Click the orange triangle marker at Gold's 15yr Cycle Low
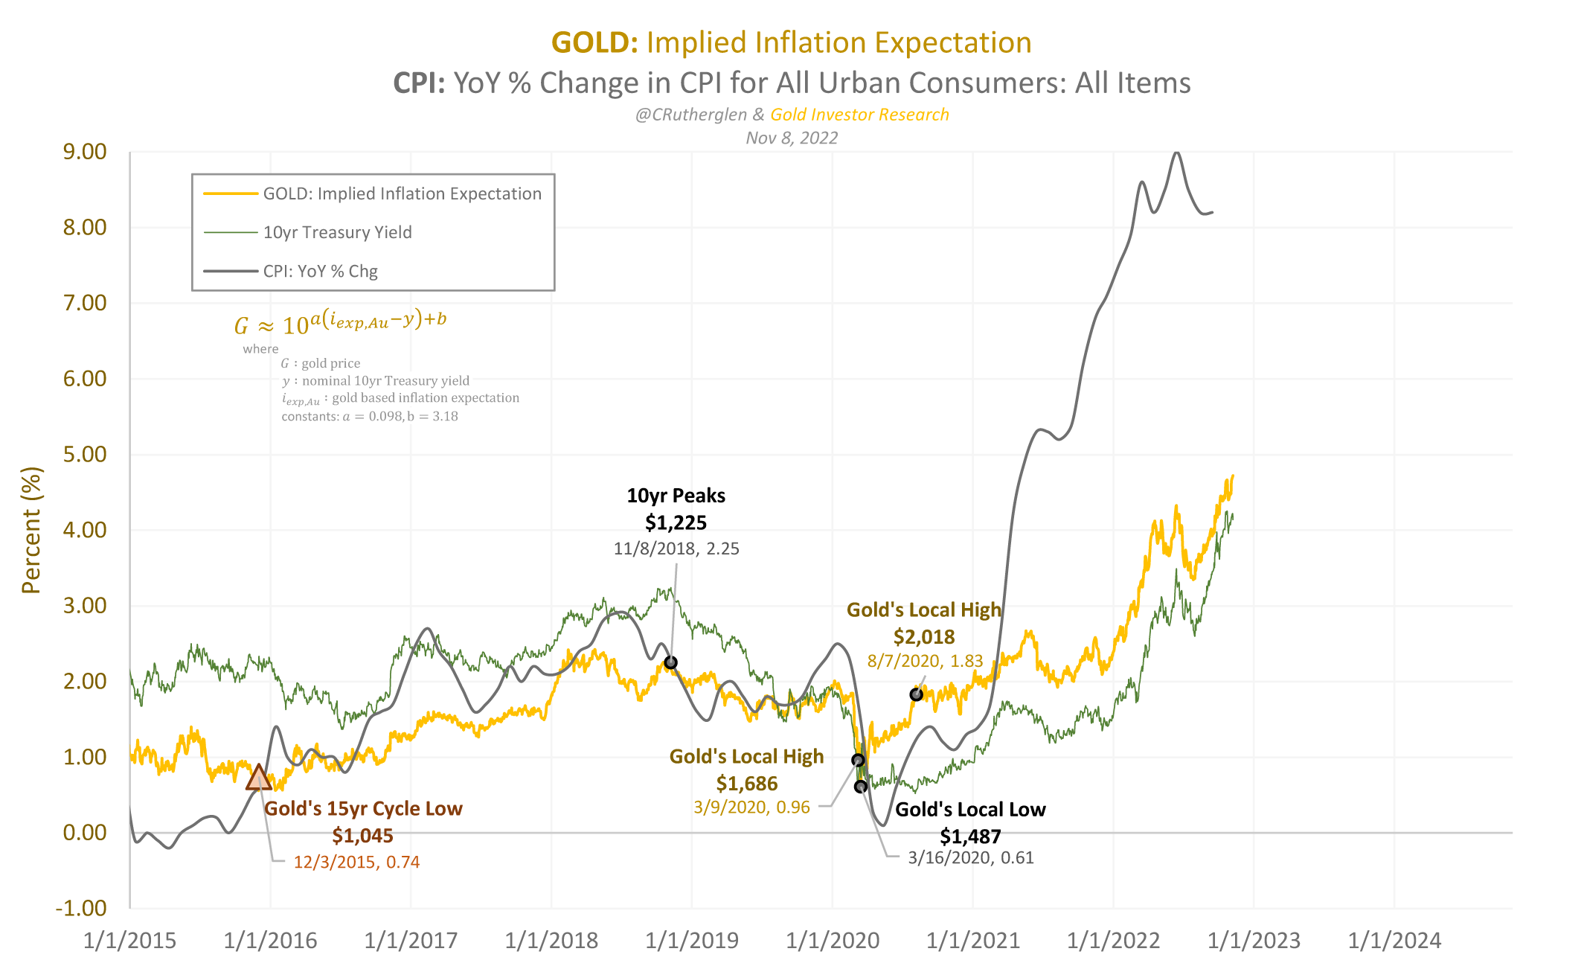pos(258,778)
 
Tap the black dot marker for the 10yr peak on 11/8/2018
pos(670,662)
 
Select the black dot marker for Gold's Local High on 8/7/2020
pos(916,694)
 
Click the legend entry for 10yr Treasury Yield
pos(337,232)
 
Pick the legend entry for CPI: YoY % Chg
pos(320,271)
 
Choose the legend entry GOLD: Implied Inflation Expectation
pos(402,193)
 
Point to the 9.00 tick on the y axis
pos(85,152)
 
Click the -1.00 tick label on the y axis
pos(81,908)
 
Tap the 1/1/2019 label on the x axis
pos(691,941)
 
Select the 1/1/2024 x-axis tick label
pos(1394,941)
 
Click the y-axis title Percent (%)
pos(31,530)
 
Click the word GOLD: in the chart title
pos(594,43)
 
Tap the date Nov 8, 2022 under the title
pos(792,138)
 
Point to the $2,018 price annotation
pos(923,637)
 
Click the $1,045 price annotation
pos(362,836)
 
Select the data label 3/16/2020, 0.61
pos(970,858)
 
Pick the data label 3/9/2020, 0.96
pos(751,807)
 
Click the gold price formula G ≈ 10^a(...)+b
pos(340,323)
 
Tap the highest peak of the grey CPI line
pos(1176,153)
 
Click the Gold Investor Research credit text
pos(859,115)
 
